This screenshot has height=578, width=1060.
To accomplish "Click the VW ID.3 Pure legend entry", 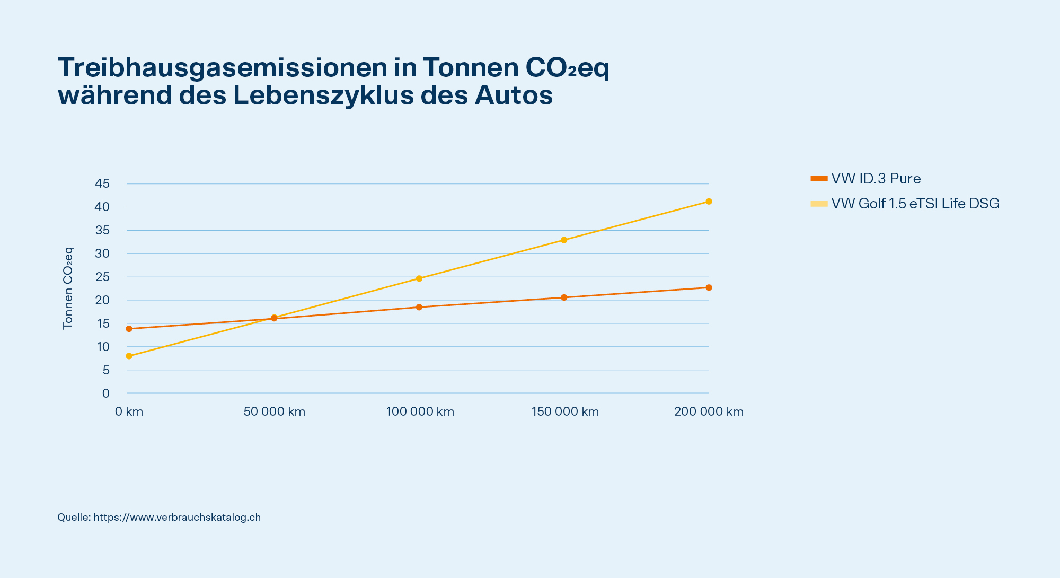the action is [x=866, y=179].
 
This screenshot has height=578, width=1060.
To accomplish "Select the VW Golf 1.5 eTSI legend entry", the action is [x=905, y=204].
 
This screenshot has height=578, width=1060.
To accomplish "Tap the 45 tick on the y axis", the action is [x=102, y=183].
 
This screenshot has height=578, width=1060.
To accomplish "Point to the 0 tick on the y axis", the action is [x=106, y=393].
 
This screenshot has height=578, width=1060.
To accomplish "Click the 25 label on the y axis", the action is [x=102, y=277].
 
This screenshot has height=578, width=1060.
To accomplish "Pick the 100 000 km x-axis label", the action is [x=420, y=411].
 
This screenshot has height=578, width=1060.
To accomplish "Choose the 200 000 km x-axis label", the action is [x=709, y=411].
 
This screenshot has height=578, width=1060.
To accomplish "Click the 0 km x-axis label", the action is [x=129, y=411].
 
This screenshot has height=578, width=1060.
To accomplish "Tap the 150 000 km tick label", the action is [x=565, y=411].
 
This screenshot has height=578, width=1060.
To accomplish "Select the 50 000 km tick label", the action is [x=275, y=411].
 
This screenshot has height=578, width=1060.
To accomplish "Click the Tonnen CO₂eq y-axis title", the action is [x=68, y=288].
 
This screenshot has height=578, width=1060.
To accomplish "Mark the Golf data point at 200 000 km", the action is [x=709, y=202].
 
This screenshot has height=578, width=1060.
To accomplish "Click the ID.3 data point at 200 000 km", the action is [x=709, y=287].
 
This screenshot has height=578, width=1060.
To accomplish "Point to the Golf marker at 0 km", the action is [x=129, y=356].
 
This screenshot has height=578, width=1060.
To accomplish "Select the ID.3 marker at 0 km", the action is [x=129, y=329].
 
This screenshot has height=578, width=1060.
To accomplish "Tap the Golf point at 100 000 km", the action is [x=419, y=278].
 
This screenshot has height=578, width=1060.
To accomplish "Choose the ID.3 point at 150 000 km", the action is [x=564, y=297].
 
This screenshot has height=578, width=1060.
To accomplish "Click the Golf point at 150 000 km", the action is [x=564, y=240].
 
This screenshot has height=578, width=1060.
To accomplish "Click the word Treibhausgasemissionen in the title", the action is [x=223, y=68].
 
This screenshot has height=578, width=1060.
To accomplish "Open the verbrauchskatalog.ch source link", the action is [x=177, y=517].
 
